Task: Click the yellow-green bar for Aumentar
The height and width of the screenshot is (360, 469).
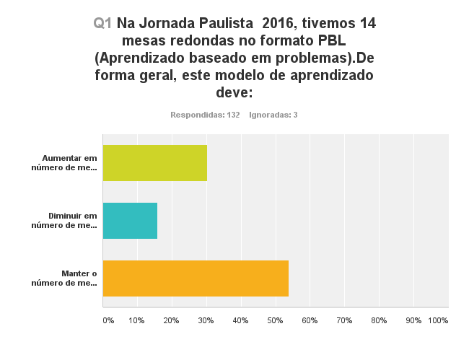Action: [155, 162]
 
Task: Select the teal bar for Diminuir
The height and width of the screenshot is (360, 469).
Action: [130, 220]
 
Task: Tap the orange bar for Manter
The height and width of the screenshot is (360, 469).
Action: [196, 278]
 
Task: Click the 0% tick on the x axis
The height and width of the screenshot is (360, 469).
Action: [108, 320]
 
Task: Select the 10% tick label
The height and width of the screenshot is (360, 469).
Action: [136, 320]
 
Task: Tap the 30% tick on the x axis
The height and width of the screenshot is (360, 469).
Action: [206, 320]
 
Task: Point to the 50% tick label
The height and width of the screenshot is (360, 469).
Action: [275, 320]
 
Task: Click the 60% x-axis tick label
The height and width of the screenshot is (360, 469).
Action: [310, 320]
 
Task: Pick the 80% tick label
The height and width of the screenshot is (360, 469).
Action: [379, 320]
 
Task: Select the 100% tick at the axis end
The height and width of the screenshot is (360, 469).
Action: [438, 320]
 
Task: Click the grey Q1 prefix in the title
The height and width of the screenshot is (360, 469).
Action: [102, 23]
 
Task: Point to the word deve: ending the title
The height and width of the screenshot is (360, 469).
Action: [234, 92]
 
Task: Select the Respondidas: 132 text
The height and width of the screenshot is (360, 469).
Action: [205, 115]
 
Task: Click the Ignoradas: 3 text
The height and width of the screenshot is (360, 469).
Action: [273, 115]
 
